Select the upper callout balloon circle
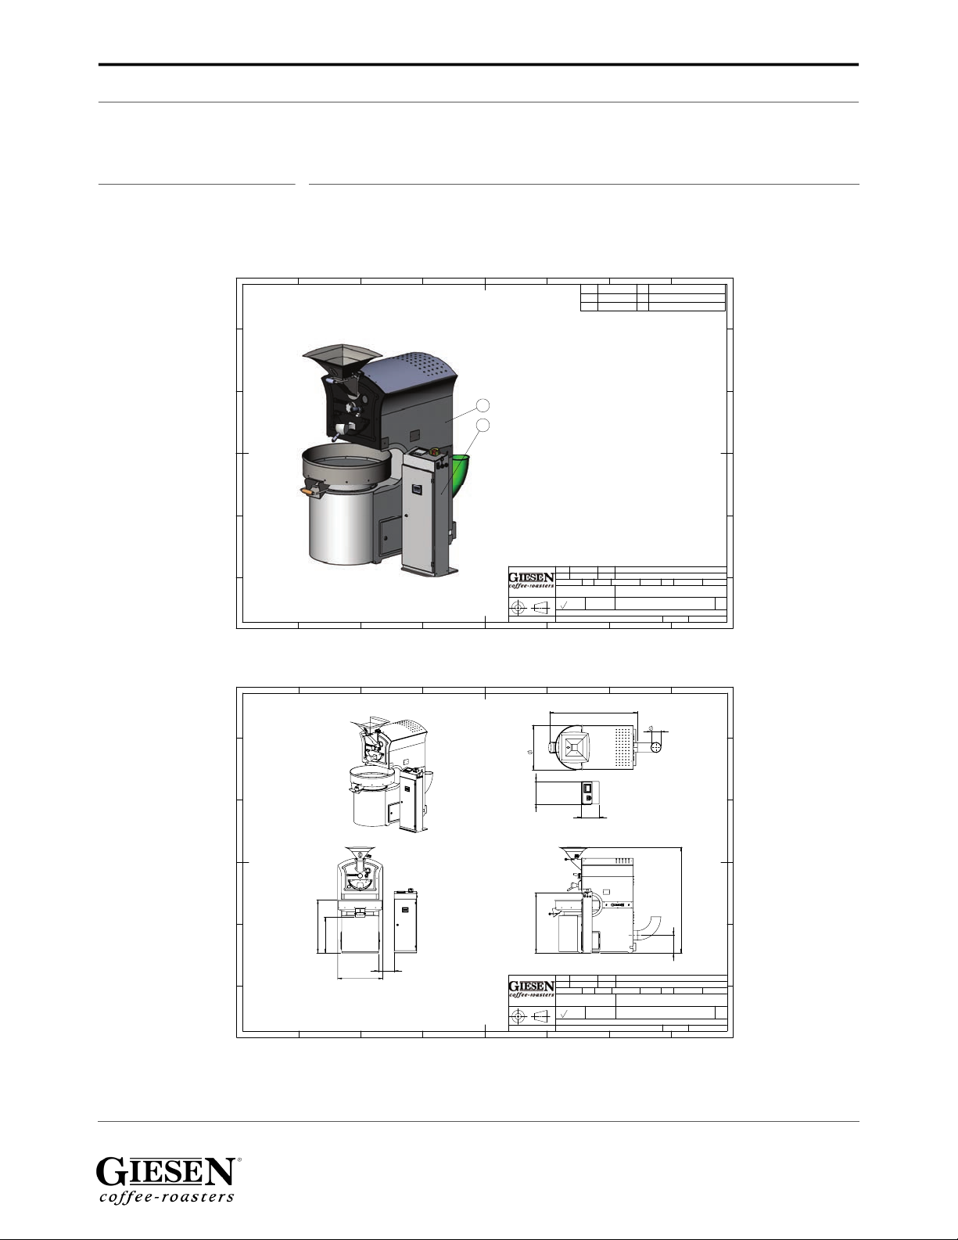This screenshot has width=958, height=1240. pyautogui.click(x=483, y=405)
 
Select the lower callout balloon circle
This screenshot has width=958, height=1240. pyautogui.click(x=483, y=425)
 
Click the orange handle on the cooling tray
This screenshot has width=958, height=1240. pyautogui.click(x=308, y=491)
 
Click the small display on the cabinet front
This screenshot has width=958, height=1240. pyautogui.click(x=417, y=489)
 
